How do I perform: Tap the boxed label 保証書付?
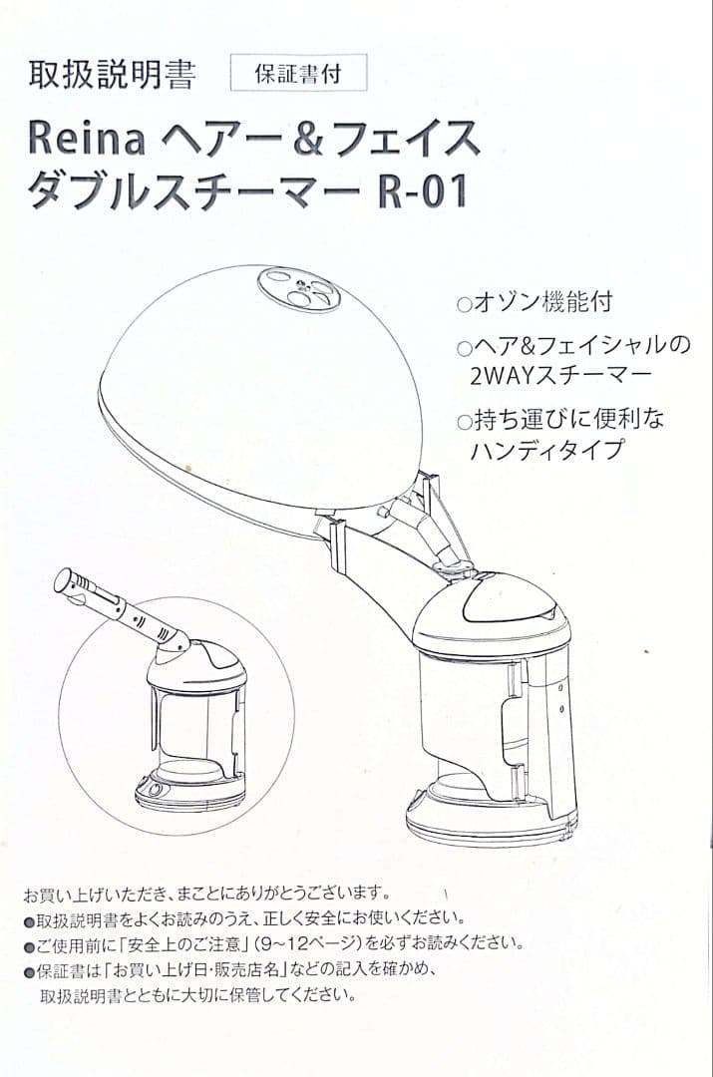(298, 76)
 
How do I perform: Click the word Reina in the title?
(87, 138)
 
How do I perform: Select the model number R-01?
(423, 189)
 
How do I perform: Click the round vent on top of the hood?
(298, 290)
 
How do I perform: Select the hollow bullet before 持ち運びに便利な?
(462, 422)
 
